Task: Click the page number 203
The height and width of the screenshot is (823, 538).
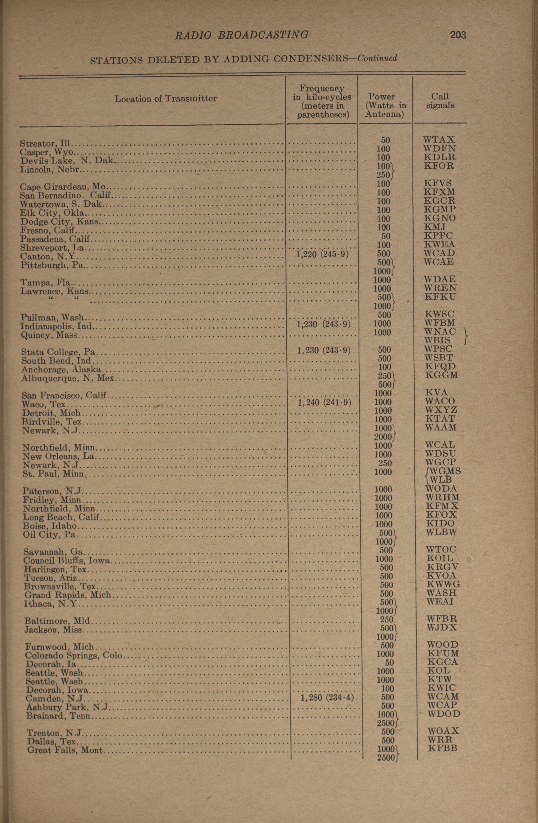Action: [458, 35]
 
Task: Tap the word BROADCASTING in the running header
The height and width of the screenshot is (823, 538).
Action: [263, 35]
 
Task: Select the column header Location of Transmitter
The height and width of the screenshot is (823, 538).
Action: [165, 99]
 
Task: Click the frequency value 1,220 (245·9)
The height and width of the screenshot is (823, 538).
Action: [322, 254]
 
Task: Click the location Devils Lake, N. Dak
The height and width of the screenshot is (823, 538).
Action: [67, 161]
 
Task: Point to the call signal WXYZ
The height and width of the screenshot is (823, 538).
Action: [441, 410]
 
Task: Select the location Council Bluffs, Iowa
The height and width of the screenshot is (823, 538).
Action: [67, 561]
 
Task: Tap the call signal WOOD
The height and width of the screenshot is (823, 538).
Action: [443, 645]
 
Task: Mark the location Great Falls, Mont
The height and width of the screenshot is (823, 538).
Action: [65, 750]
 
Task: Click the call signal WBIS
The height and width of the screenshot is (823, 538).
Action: [438, 340]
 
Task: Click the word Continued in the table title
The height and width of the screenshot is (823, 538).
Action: [377, 58]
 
